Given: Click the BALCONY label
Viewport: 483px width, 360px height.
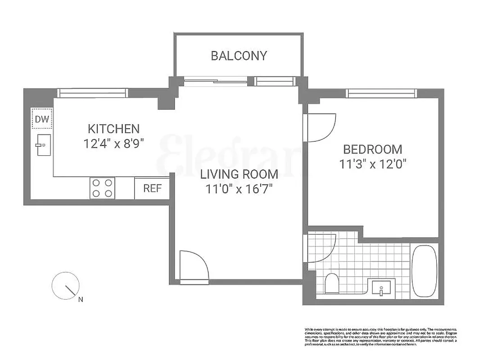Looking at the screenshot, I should (239, 56).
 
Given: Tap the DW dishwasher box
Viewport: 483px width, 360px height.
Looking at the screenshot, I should (42, 119).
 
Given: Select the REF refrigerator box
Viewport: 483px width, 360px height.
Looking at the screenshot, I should (152, 188).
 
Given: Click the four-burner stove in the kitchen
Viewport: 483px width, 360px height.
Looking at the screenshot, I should (102, 188).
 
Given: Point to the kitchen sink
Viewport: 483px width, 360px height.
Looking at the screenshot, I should (43, 145).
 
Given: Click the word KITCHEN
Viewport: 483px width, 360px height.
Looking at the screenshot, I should (113, 129).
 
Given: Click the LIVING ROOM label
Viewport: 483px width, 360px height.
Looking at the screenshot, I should (239, 174).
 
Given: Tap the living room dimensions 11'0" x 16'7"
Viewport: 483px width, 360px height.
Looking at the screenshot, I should (239, 189).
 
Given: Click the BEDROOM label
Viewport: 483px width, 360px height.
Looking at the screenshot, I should (373, 149).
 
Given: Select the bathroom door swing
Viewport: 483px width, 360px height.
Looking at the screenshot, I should (320, 248).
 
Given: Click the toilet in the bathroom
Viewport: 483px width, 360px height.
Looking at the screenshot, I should (331, 283).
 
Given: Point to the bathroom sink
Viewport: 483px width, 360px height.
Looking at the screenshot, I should (381, 287).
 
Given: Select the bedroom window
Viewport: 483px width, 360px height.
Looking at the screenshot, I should (381, 94).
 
